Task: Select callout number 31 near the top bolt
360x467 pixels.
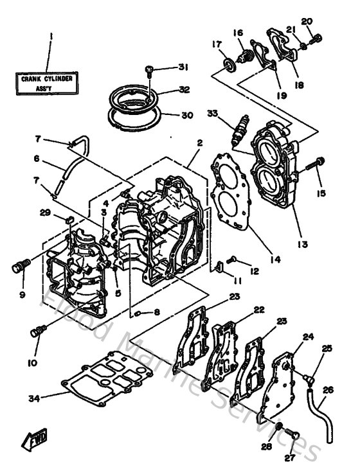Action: tap(184, 68)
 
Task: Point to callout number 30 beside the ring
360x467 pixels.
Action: tap(187, 116)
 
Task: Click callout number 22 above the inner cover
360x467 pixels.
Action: tap(258, 310)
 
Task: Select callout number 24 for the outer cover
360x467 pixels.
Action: tap(308, 336)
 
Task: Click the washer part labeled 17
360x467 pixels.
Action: tap(228, 67)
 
